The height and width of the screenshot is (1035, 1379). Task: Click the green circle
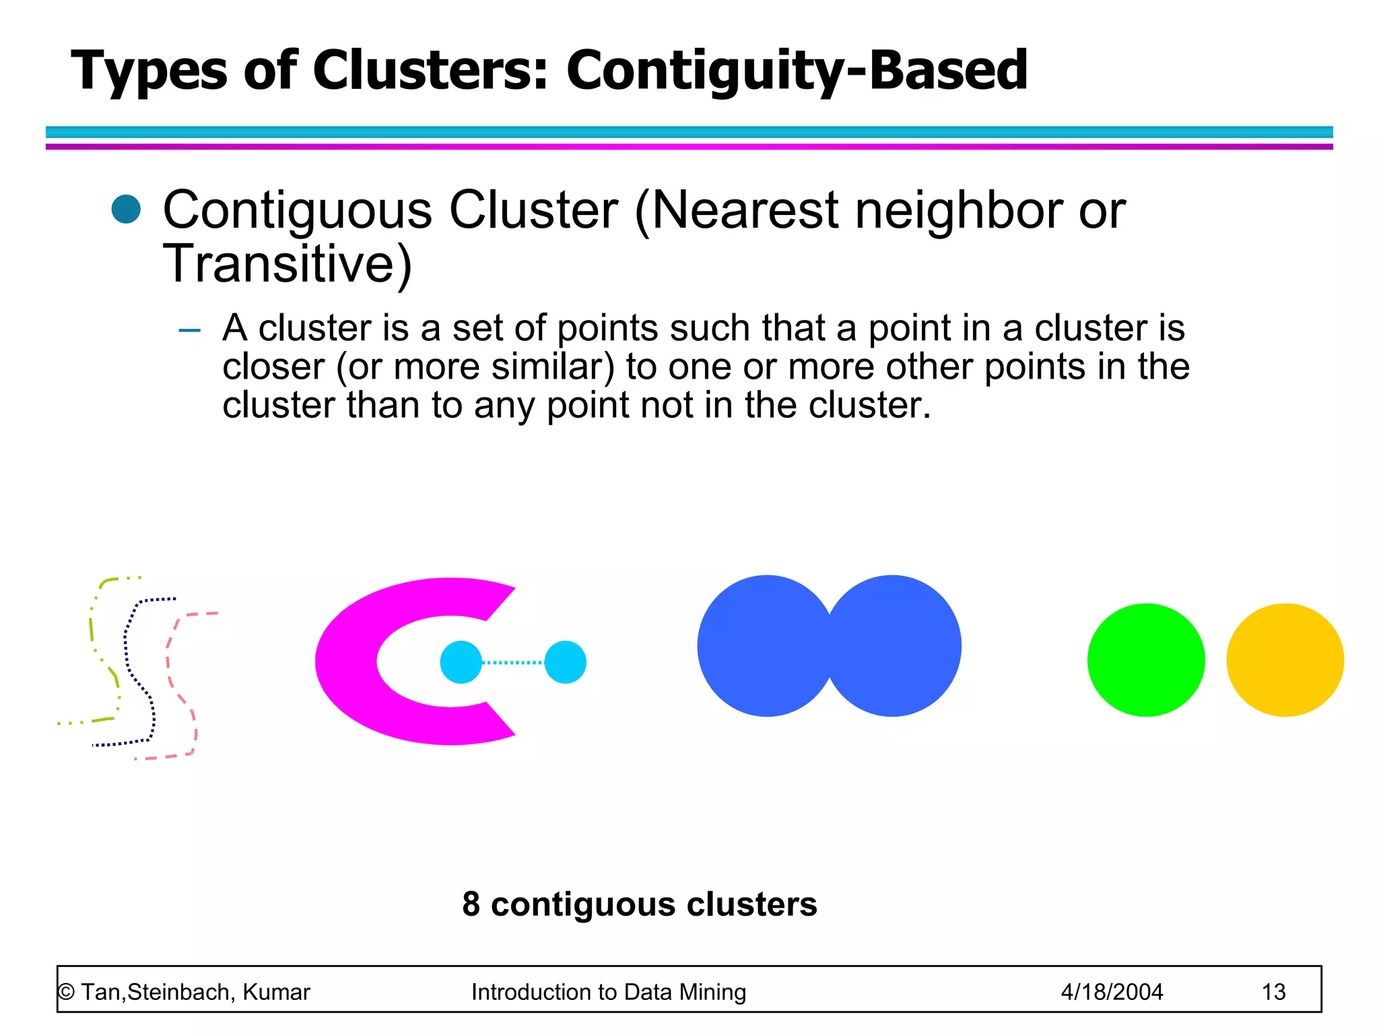1145,660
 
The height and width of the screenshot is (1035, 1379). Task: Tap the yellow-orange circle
1285,660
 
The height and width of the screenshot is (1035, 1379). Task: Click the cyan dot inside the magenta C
461,662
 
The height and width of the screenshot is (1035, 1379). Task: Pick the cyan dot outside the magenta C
565,662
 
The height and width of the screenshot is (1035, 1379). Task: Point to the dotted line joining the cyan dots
513,662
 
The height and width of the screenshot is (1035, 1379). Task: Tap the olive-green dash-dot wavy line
91,627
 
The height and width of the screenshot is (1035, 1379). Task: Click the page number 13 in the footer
1273,992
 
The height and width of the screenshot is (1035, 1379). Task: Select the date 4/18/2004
1112,992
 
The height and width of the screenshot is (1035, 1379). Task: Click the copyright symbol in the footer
66,992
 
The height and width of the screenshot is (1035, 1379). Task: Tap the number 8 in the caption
471,904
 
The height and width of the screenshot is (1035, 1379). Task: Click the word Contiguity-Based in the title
797,71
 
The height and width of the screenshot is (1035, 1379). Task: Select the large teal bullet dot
126,209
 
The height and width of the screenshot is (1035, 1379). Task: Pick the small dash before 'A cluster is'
190,330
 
